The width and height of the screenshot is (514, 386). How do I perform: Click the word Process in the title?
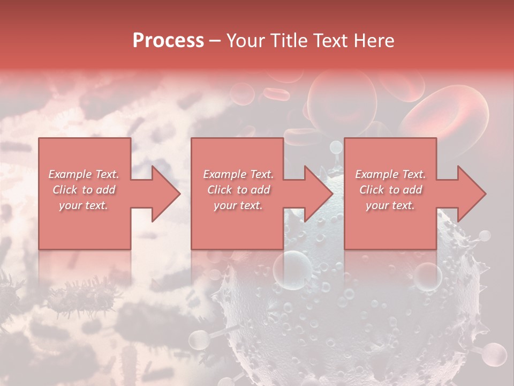click(168, 41)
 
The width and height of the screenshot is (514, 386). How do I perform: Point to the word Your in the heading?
click(247, 41)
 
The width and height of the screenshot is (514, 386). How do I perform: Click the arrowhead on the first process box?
click(163, 194)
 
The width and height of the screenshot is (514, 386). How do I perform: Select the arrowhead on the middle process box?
click(316, 194)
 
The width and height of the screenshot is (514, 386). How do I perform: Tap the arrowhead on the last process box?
click(470, 194)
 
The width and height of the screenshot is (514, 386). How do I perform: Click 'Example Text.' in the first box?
click(84, 174)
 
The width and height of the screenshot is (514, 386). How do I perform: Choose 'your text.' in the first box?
click(84, 205)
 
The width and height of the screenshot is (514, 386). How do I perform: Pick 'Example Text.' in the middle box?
click(238, 174)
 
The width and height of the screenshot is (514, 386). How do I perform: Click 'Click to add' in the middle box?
click(238, 190)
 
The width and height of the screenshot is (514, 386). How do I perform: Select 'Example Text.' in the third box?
click(390, 174)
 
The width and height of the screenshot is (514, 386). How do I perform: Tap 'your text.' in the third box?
click(390, 205)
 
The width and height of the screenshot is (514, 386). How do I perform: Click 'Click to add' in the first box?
click(84, 190)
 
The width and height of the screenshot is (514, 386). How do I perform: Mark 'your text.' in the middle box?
click(238, 205)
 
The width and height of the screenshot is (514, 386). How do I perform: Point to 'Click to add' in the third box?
click(390, 190)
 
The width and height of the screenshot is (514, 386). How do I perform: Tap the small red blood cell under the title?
click(277, 95)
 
